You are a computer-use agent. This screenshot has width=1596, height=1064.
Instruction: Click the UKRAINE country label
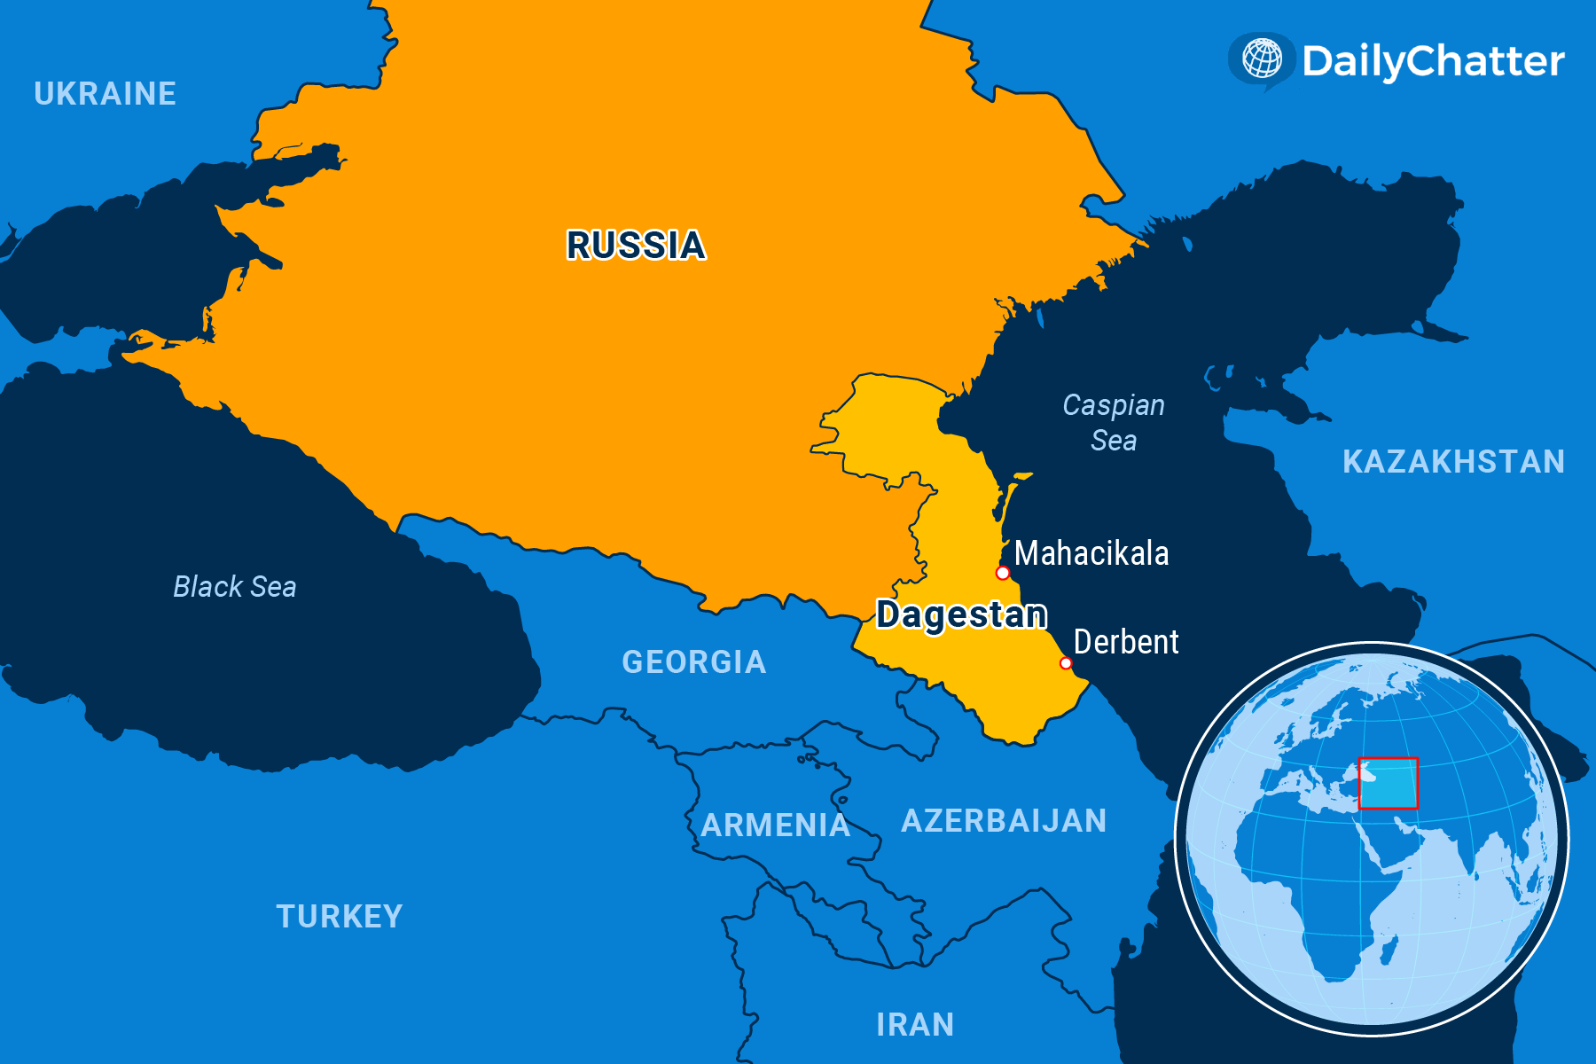click(105, 94)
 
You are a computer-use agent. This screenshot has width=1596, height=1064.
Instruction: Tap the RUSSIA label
click(636, 246)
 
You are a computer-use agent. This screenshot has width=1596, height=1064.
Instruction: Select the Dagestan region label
click(961, 614)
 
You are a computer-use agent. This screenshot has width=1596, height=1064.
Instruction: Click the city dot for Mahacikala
click(1003, 573)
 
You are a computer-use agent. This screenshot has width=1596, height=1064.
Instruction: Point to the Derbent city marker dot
click(1066, 663)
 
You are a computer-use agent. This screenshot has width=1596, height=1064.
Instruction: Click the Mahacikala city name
click(1091, 553)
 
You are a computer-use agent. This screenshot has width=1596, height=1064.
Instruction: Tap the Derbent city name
click(1126, 642)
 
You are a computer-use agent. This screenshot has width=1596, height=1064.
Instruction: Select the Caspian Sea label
click(1114, 422)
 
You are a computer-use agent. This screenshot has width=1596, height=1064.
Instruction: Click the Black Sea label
click(235, 586)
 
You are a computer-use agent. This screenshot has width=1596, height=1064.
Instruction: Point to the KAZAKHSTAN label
click(1453, 462)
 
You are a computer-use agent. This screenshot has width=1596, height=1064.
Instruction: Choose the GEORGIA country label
click(694, 662)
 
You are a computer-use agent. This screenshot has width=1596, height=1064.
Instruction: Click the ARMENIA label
click(776, 825)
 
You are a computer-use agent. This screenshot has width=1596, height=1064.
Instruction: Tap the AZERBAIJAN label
click(1004, 821)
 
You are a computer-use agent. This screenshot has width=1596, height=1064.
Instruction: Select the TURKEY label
click(340, 916)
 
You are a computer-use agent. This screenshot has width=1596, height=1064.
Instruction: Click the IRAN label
click(915, 1025)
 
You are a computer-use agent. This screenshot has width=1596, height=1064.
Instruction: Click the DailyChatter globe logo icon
click(1262, 59)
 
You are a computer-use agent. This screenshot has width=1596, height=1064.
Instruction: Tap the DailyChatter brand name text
click(1433, 61)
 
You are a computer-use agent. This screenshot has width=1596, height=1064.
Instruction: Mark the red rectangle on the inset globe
click(1389, 783)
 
